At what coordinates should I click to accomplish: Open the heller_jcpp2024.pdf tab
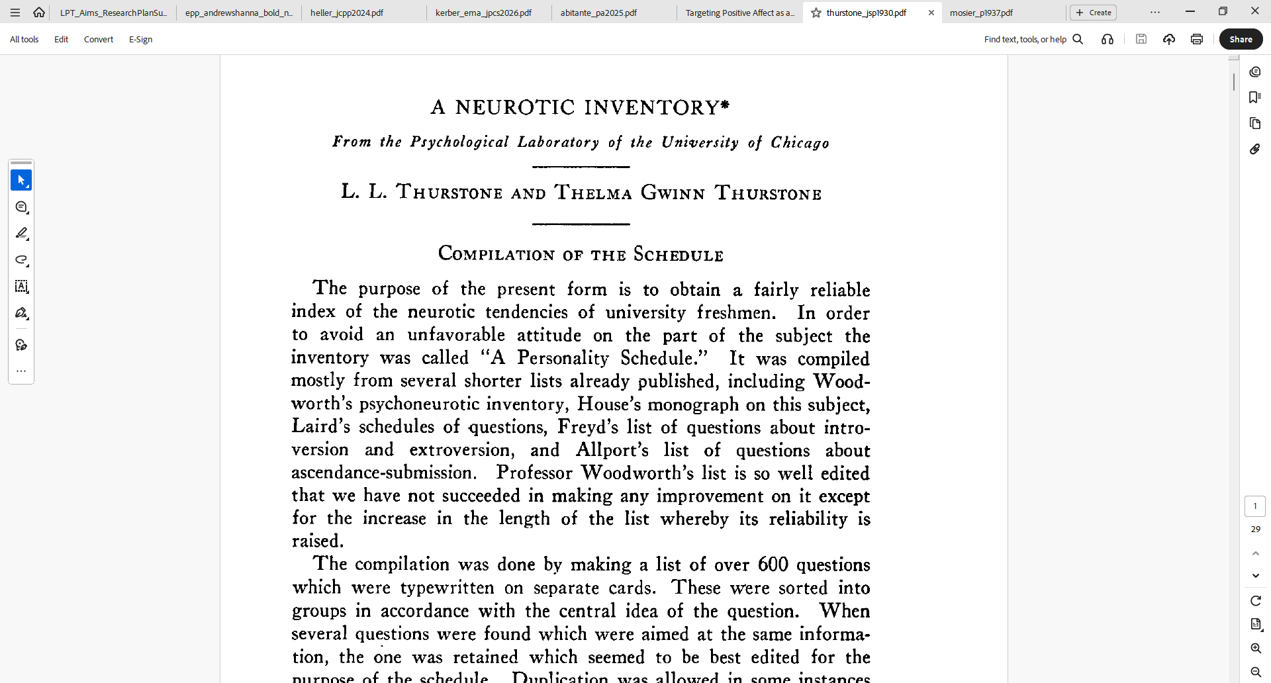pos(347,13)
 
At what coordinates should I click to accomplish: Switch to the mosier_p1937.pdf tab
pos(981,13)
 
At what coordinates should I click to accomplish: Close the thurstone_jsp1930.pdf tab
pos(931,13)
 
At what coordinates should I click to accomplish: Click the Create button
pos(1093,13)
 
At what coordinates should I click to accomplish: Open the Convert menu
pos(99,40)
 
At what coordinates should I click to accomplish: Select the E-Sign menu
pos(140,40)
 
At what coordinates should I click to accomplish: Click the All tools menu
pos(24,40)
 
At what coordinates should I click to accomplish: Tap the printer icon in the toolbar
pos(1196,40)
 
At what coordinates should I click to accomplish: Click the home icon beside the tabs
pos(39,13)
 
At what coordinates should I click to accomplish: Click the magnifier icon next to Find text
pos(1078,40)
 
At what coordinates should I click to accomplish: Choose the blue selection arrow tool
pos(21,180)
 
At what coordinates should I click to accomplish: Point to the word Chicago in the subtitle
pos(800,143)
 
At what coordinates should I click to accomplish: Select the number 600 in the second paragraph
pos(773,565)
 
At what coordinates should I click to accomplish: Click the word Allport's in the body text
pos(612,450)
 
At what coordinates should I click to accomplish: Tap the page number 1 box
pos(1254,506)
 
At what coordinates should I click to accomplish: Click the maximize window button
pos(1223,11)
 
